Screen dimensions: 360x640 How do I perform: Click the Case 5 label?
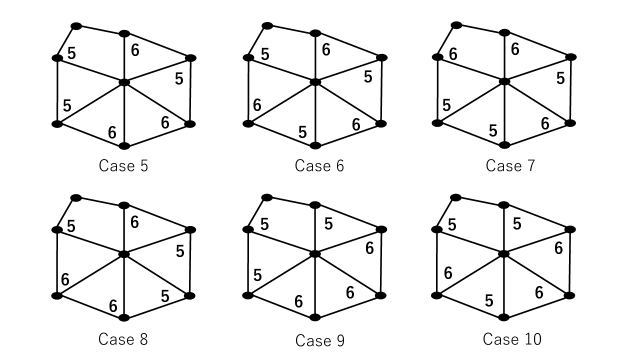[x=123, y=165]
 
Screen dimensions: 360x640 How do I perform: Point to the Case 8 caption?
[x=123, y=340]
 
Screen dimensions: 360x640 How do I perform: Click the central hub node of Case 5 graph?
[x=123, y=81]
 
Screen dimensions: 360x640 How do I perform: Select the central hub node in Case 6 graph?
[x=314, y=81]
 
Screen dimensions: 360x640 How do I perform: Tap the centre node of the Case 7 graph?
[x=504, y=81]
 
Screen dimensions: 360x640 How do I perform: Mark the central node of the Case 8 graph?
[x=123, y=255]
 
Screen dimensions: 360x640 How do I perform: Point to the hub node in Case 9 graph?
[x=314, y=254]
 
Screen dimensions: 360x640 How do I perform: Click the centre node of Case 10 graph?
[x=504, y=254]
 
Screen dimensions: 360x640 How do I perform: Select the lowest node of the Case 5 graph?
[x=123, y=146]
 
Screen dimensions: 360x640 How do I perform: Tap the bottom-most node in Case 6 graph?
[x=314, y=146]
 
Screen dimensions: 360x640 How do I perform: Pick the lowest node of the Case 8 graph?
[x=123, y=318]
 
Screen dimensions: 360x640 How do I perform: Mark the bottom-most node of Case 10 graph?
[x=504, y=318]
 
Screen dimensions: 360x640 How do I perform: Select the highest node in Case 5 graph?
[x=76, y=25]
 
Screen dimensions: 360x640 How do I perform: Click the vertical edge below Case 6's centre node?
[x=314, y=114]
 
